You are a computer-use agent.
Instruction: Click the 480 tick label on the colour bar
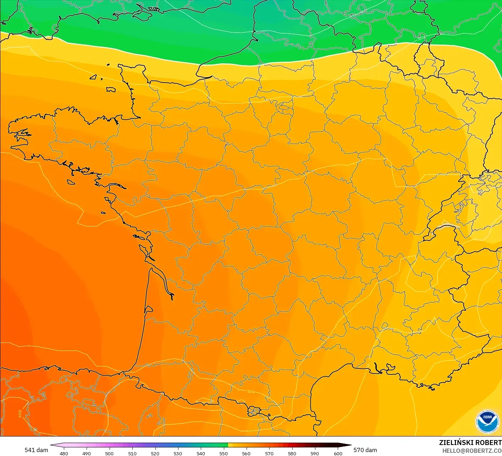64,453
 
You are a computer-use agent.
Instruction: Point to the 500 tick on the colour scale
109,453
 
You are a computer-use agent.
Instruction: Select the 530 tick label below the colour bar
178,453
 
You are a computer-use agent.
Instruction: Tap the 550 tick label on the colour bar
224,453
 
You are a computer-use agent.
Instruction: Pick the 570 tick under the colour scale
269,453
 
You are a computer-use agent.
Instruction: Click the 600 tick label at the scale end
338,453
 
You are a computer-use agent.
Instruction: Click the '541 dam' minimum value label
36,450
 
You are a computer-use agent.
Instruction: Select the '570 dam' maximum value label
365,450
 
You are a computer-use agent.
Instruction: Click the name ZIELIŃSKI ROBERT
470,443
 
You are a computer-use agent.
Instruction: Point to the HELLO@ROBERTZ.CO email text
472,451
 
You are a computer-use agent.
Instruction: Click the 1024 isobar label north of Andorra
251,392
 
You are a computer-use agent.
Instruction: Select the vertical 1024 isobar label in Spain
20,413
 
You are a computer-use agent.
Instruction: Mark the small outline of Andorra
254,411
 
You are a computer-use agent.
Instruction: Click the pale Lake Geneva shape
448,226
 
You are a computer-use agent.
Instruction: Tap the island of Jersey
111,90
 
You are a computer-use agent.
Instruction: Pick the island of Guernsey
94,77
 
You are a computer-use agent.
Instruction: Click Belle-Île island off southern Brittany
71,182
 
